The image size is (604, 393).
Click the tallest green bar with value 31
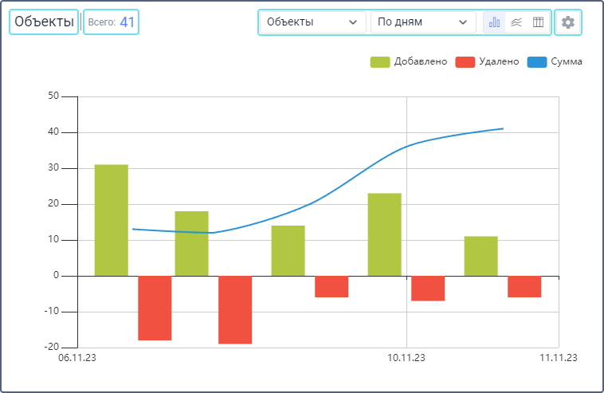click(111, 220)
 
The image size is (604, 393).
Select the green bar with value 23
click(384, 234)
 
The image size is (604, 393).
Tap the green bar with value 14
click(288, 250)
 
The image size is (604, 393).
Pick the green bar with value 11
click(480, 256)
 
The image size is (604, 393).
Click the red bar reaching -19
click(235, 309)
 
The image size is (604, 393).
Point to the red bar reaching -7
click(428, 288)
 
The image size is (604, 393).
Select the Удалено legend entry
click(487, 61)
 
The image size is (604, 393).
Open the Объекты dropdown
click(312, 22)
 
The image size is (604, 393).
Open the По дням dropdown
click(422, 22)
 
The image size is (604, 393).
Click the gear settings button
click(567, 22)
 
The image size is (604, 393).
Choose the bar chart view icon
click(495, 22)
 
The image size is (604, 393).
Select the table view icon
click(538, 22)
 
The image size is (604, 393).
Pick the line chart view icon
click(516, 22)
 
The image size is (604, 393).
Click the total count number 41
click(127, 22)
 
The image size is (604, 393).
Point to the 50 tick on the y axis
click(54, 96)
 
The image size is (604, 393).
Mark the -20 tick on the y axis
click(53, 348)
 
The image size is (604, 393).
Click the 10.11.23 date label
click(406, 358)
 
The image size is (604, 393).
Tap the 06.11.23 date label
click(77, 358)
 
